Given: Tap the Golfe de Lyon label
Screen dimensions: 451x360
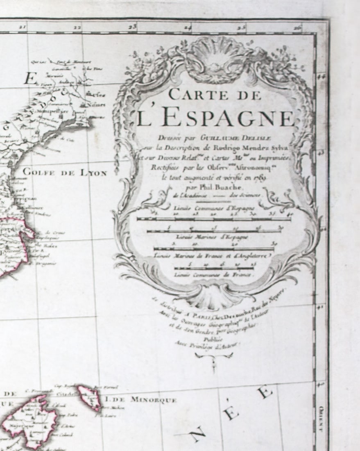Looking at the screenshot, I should pyautogui.click(x=65, y=173).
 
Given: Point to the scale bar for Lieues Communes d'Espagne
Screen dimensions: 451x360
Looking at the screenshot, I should pyautogui.click(x=214, y=219).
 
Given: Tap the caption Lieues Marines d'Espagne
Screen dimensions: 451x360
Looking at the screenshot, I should pyautogui.click(x=212, y=237).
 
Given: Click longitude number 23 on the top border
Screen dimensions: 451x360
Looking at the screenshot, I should pyautogui.click(x=132, y=27).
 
